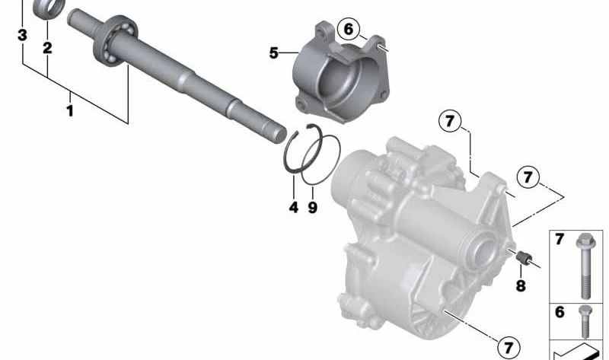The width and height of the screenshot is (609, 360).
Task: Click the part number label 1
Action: tap(69, 111)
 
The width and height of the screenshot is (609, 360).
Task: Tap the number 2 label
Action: tap(47, 48)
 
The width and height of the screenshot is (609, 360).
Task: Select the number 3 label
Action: tap(23, 35)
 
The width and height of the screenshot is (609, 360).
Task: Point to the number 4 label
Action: tap(294, 207)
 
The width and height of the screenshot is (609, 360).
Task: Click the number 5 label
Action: tap(274, 53)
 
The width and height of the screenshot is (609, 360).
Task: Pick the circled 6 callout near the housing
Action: tap(349, 30)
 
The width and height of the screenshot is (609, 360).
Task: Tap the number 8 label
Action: tap(521, 286)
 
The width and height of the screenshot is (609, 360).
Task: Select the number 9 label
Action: tap(313, 207)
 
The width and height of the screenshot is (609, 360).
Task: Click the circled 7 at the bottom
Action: tap(509, 347)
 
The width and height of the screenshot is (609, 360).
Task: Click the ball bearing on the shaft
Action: tap(116, 40)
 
